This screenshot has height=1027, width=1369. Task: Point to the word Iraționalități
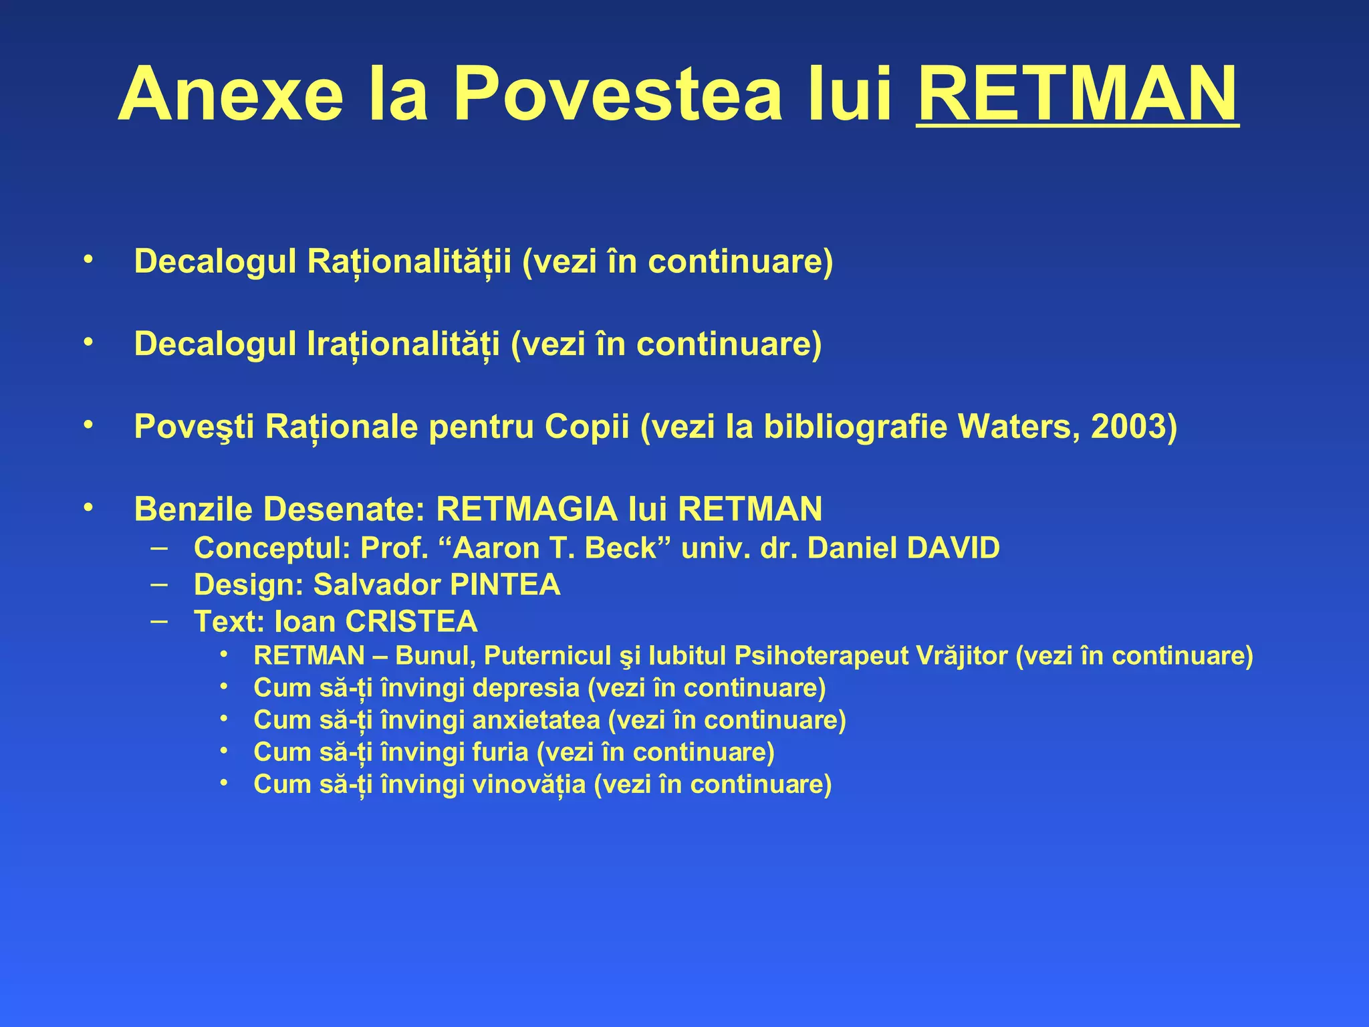(x=403, y=344)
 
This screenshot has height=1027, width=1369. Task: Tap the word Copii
(x=587, y=427)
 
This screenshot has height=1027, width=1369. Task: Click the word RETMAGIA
(x=526, y=509)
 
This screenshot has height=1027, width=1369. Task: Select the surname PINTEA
(x=505, y=585)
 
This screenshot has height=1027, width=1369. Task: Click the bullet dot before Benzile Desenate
(x=88, y=509)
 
